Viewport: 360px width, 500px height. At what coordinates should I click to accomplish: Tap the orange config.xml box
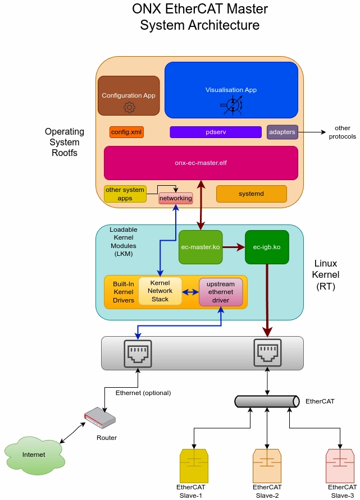[126, 132]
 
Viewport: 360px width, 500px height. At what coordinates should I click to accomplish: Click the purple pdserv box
[216, 132]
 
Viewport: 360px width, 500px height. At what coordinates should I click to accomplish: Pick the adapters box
[282, 132]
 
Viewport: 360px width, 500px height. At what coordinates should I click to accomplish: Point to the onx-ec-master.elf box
[200, 163]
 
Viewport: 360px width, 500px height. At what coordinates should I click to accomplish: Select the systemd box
[251, 194]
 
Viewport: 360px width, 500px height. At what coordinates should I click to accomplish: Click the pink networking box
[176, 199]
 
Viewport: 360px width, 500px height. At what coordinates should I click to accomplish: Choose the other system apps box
[125, 194]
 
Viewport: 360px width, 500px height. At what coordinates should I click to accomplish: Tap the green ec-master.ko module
[200, 247]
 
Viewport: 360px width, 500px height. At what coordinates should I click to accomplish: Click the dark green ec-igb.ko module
[267, 247]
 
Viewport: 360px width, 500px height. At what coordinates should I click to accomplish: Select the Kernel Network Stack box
[160, 291]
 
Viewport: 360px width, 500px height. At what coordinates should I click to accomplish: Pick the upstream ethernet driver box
[220, 292]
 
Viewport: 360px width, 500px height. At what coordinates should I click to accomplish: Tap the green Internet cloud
[33, 454]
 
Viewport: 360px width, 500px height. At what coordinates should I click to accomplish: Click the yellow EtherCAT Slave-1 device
[194, 465]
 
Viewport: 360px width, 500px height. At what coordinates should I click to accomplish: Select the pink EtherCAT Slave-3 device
[340, 465]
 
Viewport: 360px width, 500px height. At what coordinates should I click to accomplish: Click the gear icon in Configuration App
[129, 107]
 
